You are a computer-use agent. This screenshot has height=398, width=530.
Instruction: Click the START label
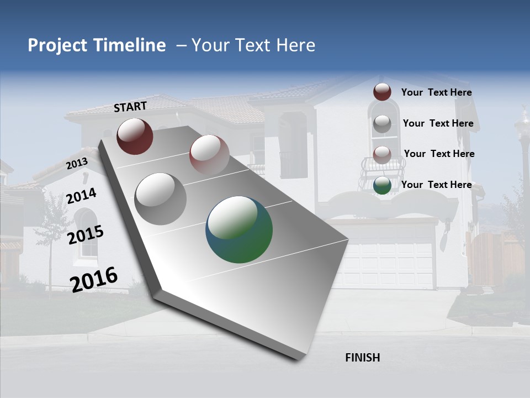(x=130, y=106)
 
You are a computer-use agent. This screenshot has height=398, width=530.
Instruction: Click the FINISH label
(x=363, y=358)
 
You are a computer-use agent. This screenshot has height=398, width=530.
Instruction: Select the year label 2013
(x=77, y=164)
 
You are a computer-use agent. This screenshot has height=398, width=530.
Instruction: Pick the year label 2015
(x=86, y=234)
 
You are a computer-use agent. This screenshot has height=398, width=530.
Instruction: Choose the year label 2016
(x=94, y=279)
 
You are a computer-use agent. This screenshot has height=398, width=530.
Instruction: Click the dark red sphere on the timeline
(x=135, y=136)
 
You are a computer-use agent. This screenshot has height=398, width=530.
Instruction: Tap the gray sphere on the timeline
(x=160, y=198)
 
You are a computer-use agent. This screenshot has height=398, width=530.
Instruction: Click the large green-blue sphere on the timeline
(x=239, y=229)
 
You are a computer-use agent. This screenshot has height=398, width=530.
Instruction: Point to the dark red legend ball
(x=382, y=92)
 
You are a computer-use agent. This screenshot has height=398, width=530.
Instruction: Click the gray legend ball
(x=382, y=124)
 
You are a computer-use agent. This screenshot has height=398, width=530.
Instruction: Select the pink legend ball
(x=382, y=154)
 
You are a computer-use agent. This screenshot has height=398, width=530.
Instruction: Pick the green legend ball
(x=382, y=185)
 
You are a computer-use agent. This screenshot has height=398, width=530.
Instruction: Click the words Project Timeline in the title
(x=97, y=45)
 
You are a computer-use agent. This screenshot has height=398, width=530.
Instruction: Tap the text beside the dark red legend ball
(x=436, y=92)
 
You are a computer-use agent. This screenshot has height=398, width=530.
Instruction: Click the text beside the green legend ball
(x=436, y=185)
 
